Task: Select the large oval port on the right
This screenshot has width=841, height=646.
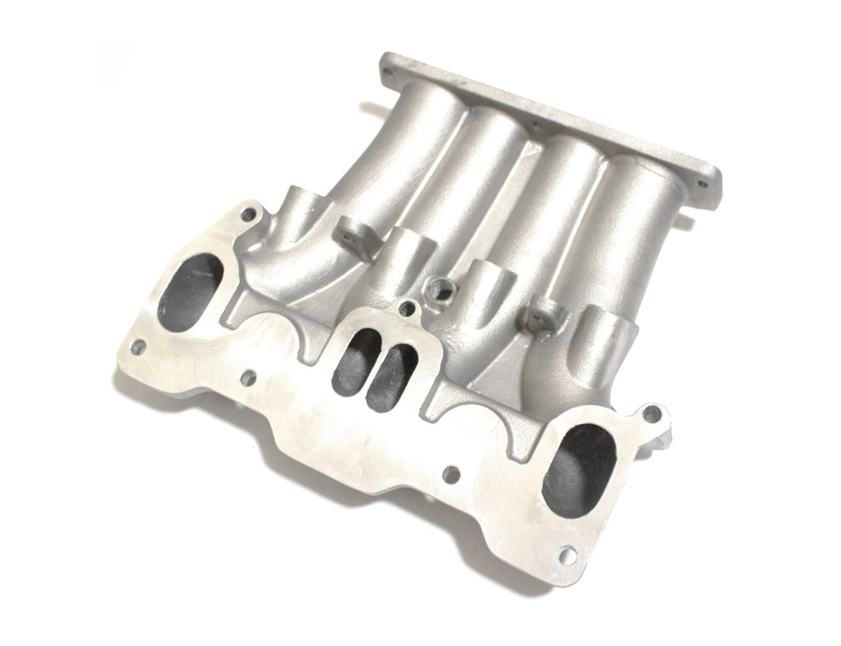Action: point(579,467)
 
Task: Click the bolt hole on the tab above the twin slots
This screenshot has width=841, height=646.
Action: point(404,309)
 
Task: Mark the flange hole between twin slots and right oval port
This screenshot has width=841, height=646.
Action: point(450,474)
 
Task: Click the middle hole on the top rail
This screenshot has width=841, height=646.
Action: point(535,126)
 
